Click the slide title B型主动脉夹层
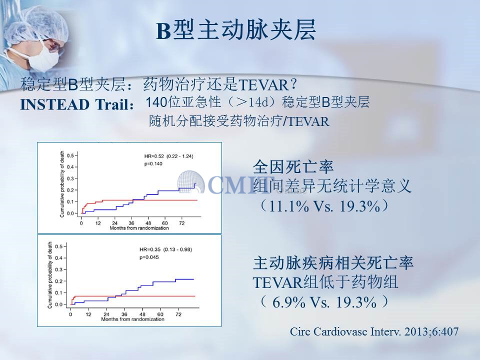point(235,30)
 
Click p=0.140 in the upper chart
point(153,164)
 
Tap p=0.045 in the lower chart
point(149,257)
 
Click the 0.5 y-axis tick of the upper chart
point(70,155)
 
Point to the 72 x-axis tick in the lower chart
point(178,314)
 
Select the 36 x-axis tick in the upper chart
point(131,223)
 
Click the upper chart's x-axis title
point(139,228)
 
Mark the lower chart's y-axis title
point(50,275)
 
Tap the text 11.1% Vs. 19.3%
point(324,206)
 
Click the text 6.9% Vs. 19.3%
point(324,302)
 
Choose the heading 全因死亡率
point(293,167)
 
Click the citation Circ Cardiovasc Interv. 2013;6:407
point(374,331)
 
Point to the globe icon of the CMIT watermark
point(190,182)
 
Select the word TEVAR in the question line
point(262,85)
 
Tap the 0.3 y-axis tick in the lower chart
point(59,269)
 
